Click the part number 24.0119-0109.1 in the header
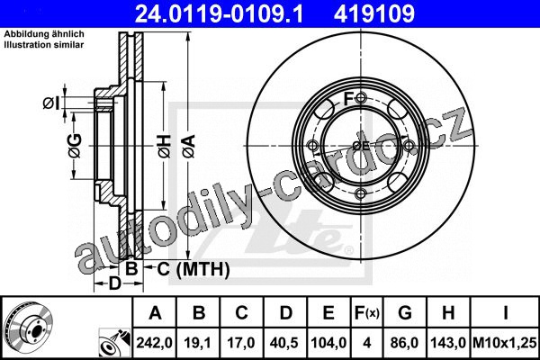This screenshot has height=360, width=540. pos(219,13)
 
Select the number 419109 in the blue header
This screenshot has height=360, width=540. pos(374,13)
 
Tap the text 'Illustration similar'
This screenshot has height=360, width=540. pos(44,45)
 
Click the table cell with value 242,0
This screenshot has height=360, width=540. pos(154,343)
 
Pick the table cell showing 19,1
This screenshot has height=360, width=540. pos(198,343)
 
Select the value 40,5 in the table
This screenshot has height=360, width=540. pos(284,343)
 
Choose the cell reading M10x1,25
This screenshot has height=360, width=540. pos(505,343)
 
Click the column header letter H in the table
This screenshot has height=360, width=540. pos(448,313)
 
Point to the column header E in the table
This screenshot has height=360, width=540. pos(328,313)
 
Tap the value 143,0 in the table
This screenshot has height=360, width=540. pos(448,343)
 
